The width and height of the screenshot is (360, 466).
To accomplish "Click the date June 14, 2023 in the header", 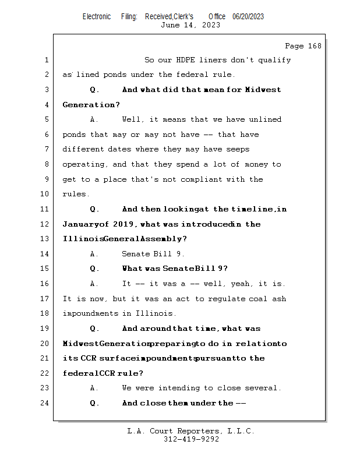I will pos(190,24).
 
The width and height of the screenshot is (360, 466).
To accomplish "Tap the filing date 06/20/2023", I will pos(248,16).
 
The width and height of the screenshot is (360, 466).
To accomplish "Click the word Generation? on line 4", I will pos(91,105).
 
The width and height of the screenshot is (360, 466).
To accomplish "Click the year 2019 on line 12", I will pos(124,224).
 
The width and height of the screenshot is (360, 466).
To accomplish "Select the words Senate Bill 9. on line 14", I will pos(153,254).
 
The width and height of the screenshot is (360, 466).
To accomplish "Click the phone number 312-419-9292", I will pos(190,439).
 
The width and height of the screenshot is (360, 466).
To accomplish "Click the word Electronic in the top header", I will pos(96,16).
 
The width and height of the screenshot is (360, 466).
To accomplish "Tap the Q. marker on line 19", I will pos(95,329).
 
